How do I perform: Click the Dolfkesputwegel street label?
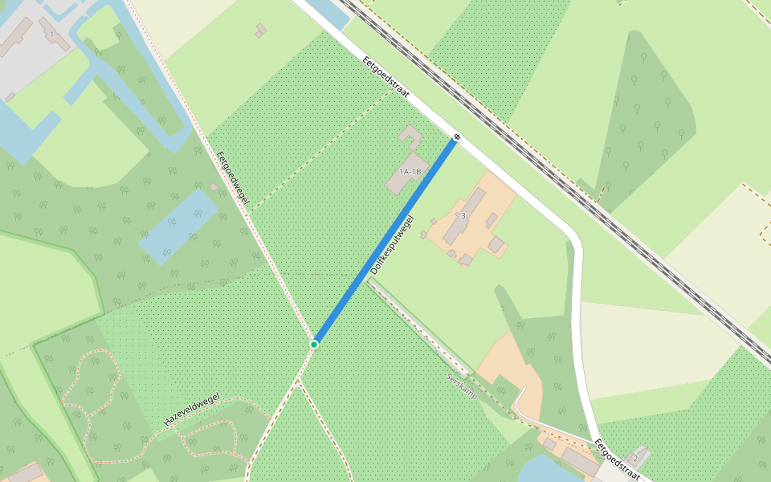pyautogui.click(x=392, y=245)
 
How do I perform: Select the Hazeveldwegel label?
pyautogui.click(x=191, y=411)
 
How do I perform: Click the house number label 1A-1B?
pyautogui.click(x=410, y=171)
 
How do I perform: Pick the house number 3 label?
pyautogui.click(x=463, y=215)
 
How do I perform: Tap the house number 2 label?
pyautogui.click(x=635, y=458)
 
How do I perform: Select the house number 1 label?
pyautogui.click(x=51, y=35)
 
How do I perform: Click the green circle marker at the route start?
pyautogui.click(x=314, y=344)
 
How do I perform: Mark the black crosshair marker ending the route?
pyautogui.click(x=456, y=137)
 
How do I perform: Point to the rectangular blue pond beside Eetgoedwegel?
pyautogui.click(x=178, y=227)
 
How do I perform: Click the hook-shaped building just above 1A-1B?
pyautogui.click(x=410, y=137)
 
